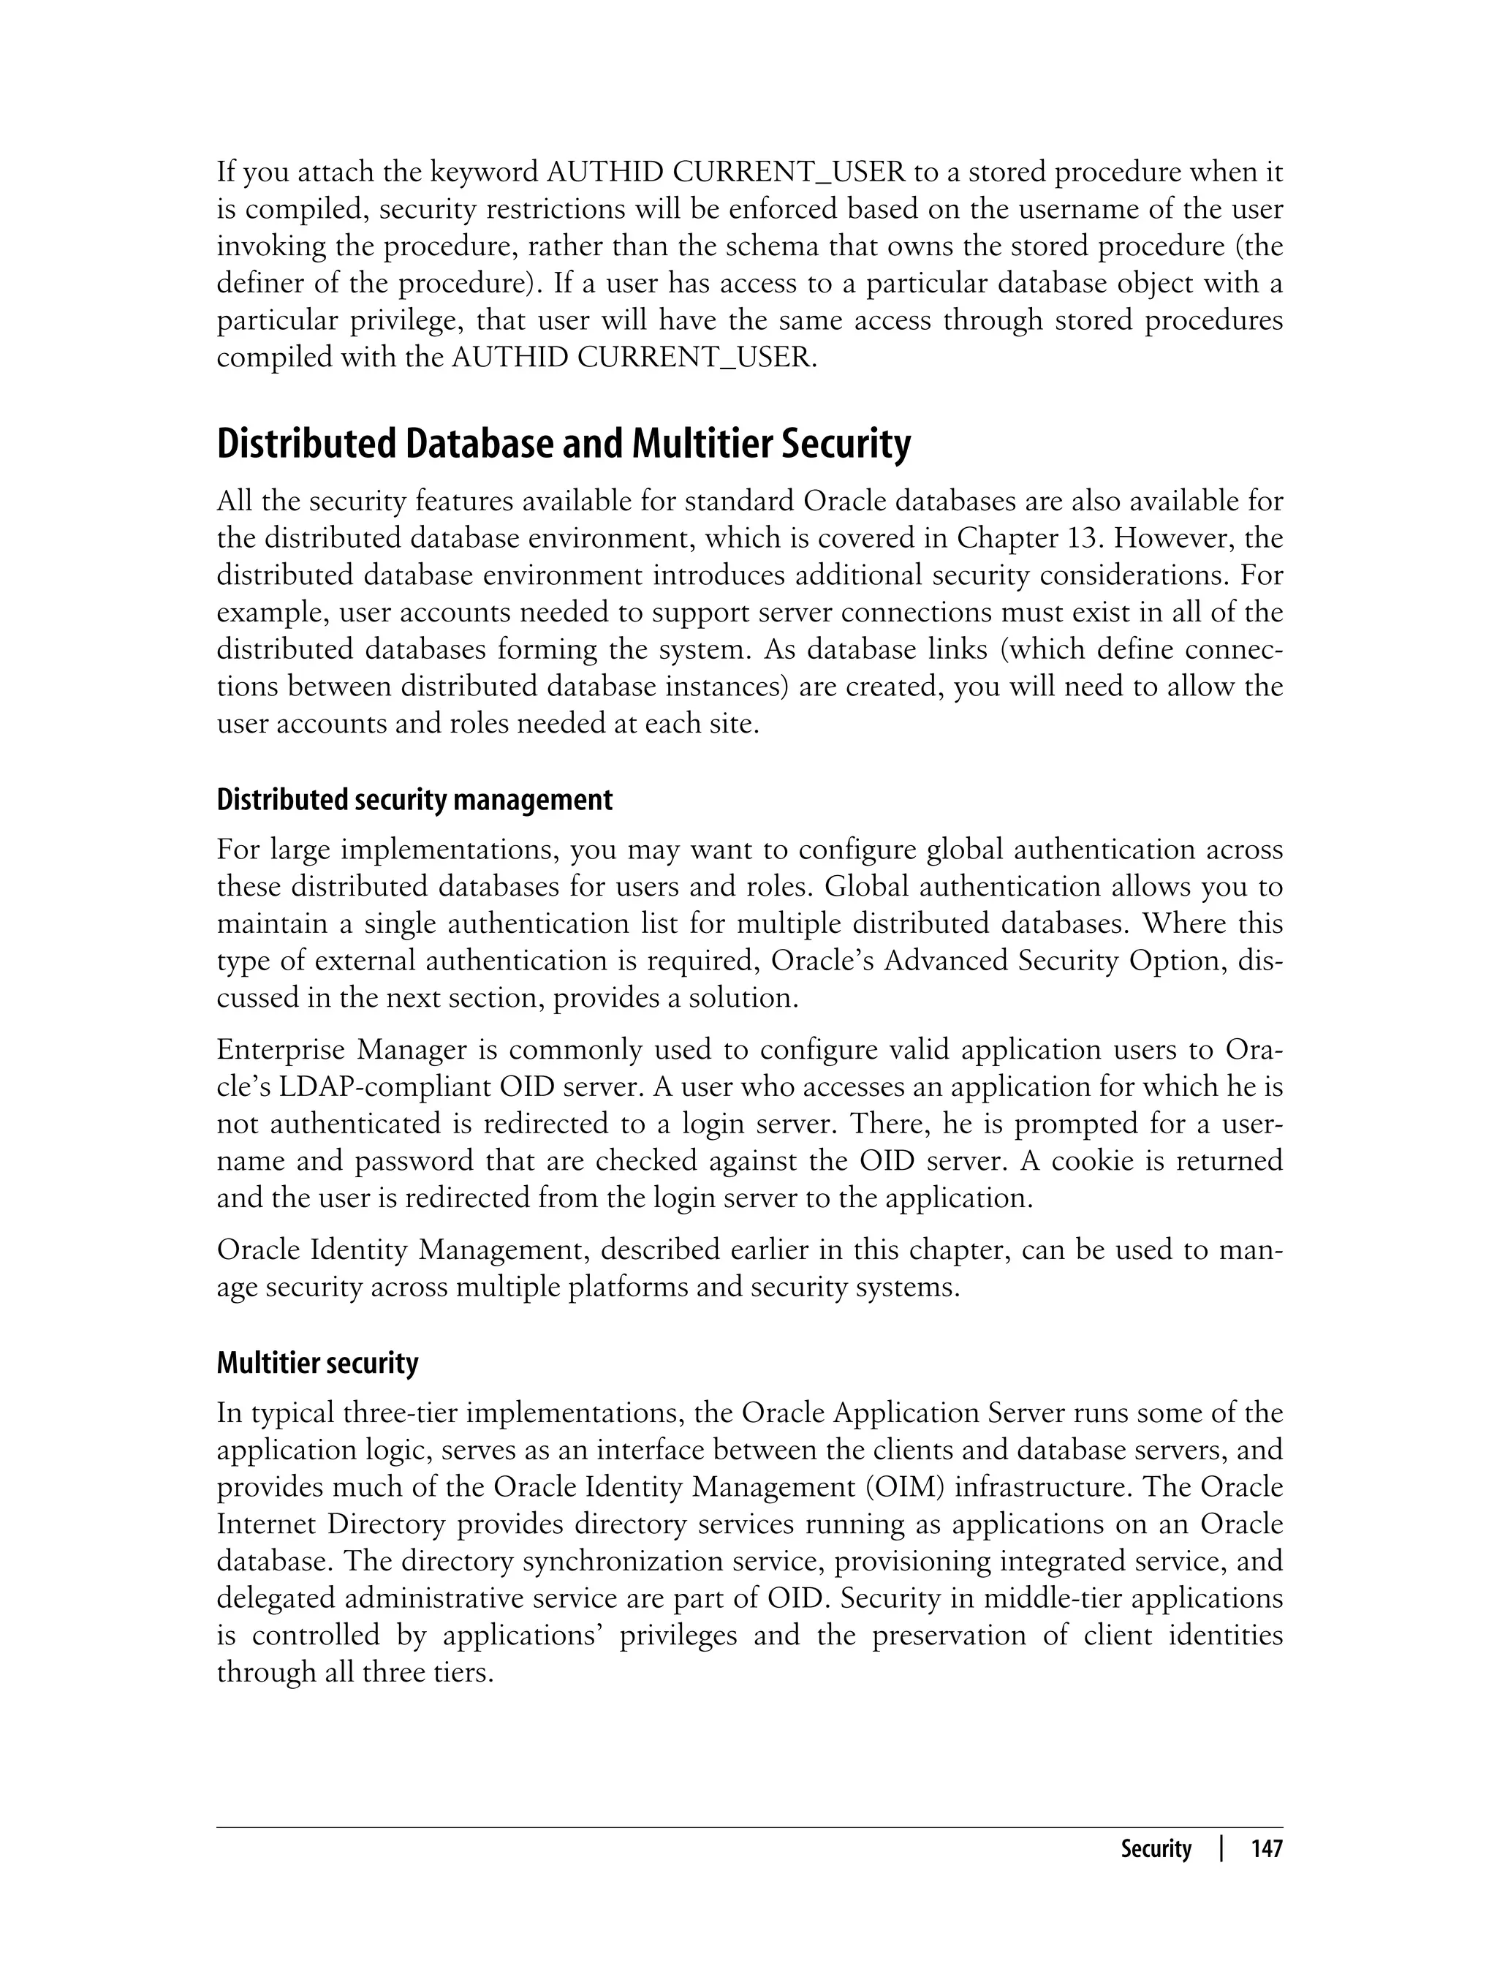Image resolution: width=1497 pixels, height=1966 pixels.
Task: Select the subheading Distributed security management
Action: (414, 799)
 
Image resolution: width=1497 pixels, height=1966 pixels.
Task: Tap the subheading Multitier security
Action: (317, 1363)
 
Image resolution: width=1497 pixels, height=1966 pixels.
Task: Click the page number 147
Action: (1266, 1848)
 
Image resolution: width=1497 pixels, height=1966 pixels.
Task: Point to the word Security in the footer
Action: (1156, 1848)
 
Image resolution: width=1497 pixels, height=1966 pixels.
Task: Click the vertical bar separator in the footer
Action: (1221, 1848)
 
